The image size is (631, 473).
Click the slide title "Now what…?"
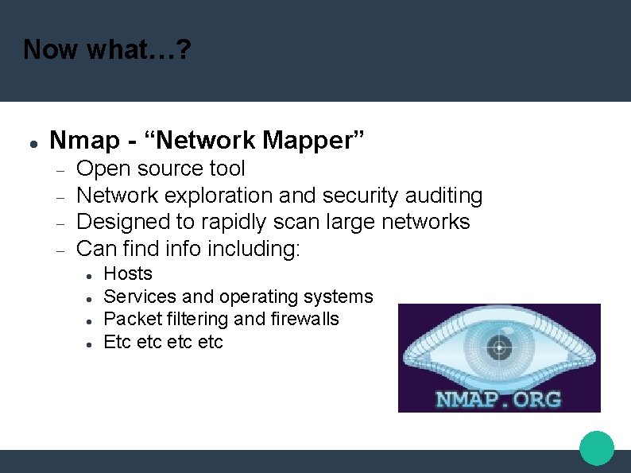click(x=106, y=49)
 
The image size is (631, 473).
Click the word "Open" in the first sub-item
click(x=103, y=169)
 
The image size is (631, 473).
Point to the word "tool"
click(x=226, y=169)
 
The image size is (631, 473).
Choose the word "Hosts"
click(x=128, y=273)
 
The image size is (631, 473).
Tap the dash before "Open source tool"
click(x=60, y=169)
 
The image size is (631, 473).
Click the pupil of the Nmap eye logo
click(x=499, y=346)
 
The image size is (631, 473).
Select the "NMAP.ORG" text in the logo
click(x=498, y=397)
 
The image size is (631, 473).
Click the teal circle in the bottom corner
click(x=597, y=448)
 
